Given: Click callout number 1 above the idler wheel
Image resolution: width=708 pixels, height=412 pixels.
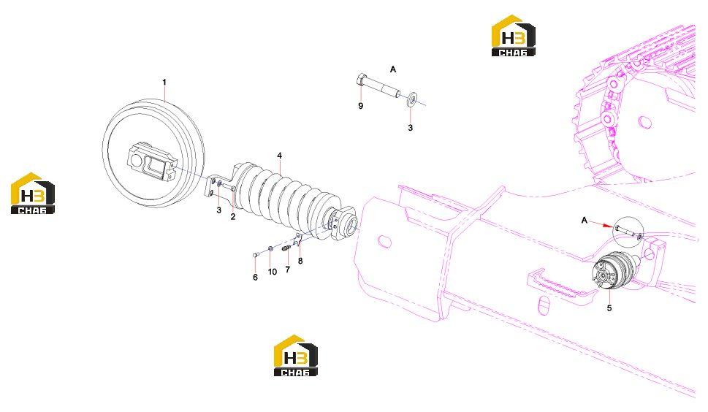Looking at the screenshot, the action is pos(164,82).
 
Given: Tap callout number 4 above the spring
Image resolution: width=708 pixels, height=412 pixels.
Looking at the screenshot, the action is pos(280,156).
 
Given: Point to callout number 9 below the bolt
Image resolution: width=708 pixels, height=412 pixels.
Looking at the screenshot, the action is pos(360,106).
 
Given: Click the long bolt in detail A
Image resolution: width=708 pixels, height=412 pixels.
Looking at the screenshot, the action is pos(378,86).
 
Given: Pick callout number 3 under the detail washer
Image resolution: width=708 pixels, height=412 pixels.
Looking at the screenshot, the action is pos(410,128).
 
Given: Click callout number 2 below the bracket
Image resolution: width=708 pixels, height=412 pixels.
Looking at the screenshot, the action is pos(232,217).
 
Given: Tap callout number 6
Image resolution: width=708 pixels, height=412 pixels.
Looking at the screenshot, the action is pos(255,277).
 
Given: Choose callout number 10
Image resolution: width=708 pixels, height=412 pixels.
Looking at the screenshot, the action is pos(273,272).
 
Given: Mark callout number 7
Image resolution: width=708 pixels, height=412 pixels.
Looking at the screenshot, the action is pos(288,270).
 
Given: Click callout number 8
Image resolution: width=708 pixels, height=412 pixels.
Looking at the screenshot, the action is pos(300,261).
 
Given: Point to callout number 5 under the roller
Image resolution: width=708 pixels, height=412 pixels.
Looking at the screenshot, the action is pos(609,308).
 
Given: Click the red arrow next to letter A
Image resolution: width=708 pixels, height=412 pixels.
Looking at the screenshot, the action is pos(601,224).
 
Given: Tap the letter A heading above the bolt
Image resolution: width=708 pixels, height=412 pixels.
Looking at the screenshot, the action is pos(393,69).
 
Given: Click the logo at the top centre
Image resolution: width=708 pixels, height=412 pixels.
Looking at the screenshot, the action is pos(514,36).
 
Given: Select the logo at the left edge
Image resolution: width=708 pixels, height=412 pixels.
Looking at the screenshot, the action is pos(33,193).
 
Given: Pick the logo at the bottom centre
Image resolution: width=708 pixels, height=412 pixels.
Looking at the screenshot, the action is pos(296,355).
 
